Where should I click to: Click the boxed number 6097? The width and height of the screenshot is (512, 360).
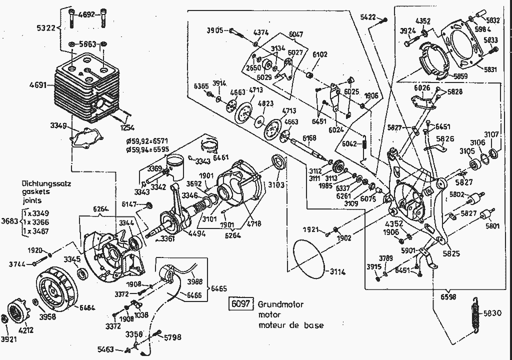coord(240,304)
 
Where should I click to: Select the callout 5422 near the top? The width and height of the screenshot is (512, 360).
coord(368,17)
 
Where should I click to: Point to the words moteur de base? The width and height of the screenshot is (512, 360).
coord(290,325)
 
